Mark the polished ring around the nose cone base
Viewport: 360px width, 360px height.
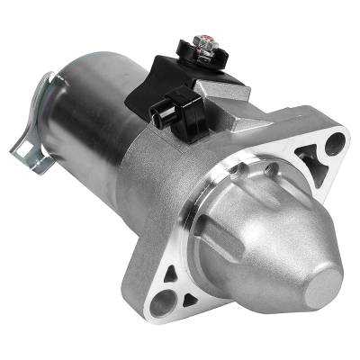pos(216,211)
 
